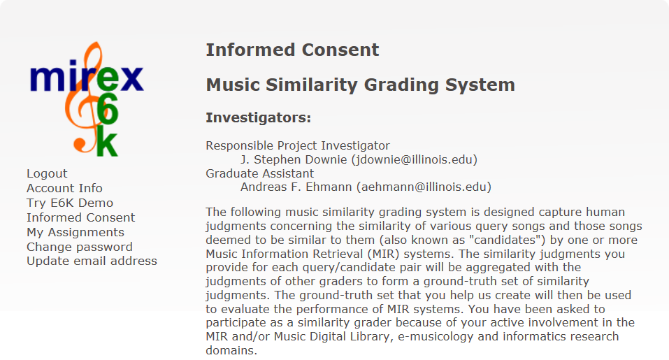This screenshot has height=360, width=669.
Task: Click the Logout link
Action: tap(47, 173)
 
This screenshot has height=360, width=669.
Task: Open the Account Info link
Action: tap(64, 188)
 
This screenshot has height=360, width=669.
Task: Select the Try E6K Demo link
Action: tap(70, 203)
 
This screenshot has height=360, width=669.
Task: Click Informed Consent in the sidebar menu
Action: tap(80, 217)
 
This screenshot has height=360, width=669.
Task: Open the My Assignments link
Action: tap(75, 232)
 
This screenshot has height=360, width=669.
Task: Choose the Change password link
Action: tap(80, 247)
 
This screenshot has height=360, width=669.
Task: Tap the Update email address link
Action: tap(92, 261)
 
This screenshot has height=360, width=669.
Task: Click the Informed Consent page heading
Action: tap(292, 50)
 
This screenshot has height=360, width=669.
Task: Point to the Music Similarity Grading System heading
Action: tap(361, 85)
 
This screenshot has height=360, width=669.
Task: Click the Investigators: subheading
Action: tap(259, 117)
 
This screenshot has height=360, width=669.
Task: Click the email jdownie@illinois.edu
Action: tap(415, 159)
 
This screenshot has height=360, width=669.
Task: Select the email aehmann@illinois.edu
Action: tap(424, 187)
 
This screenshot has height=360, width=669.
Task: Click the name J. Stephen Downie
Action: tap(294, 159)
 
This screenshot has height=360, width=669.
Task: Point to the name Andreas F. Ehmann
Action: tap(296, 187)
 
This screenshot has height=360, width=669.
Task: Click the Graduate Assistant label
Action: tap(260, 173)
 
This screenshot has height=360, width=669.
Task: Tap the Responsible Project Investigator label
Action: tap(298, 146)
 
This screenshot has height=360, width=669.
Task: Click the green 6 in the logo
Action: tap(107, 109)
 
